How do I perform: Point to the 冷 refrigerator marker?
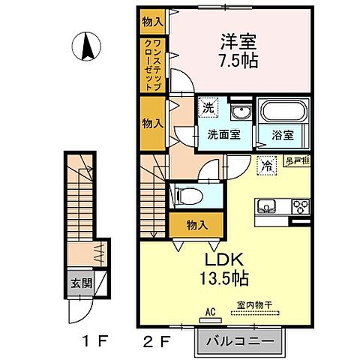[265, 165]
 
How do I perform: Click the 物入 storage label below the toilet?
[196, 223]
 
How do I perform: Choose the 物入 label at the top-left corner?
[153, 22]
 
